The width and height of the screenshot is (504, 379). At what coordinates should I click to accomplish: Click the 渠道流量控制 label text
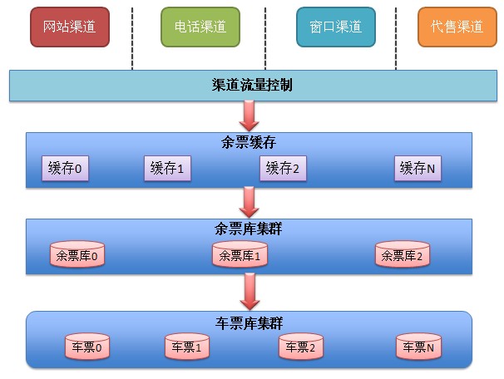tap(252, 85)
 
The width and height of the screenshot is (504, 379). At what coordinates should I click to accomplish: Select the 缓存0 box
tap(66, 169)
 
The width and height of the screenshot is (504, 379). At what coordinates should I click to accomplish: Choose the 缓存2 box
tap(283, 169)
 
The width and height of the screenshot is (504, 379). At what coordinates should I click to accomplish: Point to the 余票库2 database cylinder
tap(403, 256)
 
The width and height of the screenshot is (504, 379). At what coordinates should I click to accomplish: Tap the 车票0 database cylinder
tap(87, 347)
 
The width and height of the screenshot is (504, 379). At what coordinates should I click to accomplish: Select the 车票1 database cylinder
tap(187, 347)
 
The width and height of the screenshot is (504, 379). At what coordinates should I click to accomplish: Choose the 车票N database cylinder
tap(418, 347)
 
